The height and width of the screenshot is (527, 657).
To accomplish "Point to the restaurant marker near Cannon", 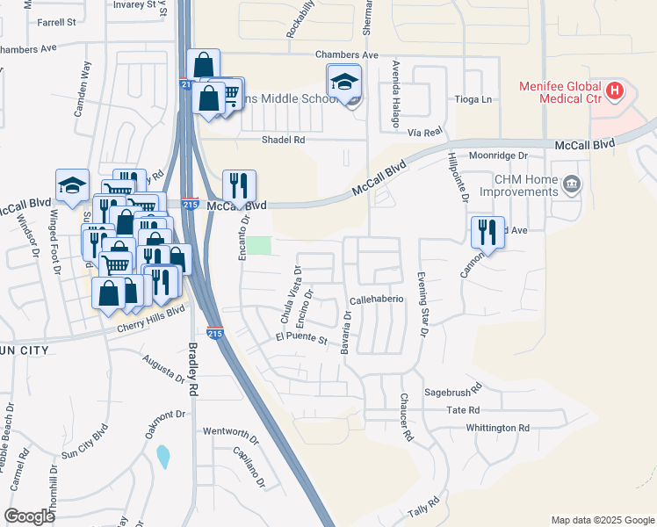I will pyautogui.click(x=487, y=232).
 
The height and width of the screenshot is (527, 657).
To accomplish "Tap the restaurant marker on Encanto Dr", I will pyautogui.click(x=239, y=185).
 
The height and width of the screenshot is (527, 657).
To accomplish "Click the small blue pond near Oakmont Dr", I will pyautogui.click(x=162, y=457).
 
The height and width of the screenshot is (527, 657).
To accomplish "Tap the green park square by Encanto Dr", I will pyautogui.click(x=258, y=245).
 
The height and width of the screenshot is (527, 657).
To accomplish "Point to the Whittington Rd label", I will pyautogui.click(x=499, y=428).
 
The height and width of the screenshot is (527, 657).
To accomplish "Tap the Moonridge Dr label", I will pyautogui.click(x=497, y=155).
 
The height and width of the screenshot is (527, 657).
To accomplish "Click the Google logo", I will pyautogui.click(x=30, y=516).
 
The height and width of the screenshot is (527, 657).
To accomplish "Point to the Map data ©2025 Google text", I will pyautogui.click(x=602, y=520).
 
